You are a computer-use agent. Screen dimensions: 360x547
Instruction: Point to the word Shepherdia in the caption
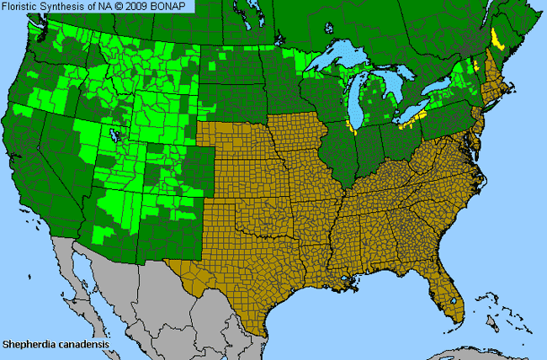(29, 344)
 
